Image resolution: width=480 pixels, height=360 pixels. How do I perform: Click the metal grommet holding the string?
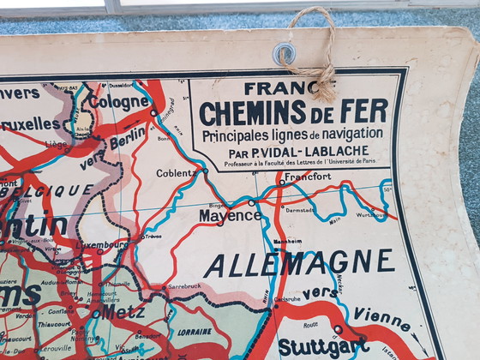[x=285, y=54]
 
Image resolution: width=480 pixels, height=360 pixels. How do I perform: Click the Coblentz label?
[x=177, y=172]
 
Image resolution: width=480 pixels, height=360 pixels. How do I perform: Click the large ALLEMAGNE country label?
[x=299, y=263]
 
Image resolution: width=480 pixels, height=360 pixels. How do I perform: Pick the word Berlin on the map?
[x=128, y=137]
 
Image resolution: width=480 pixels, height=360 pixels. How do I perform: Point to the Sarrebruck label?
[x=183, y=286]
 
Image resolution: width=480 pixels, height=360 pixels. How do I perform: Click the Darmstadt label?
[x=299, y=208]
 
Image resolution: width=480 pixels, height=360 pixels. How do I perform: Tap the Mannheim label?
[x=287, y=242]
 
